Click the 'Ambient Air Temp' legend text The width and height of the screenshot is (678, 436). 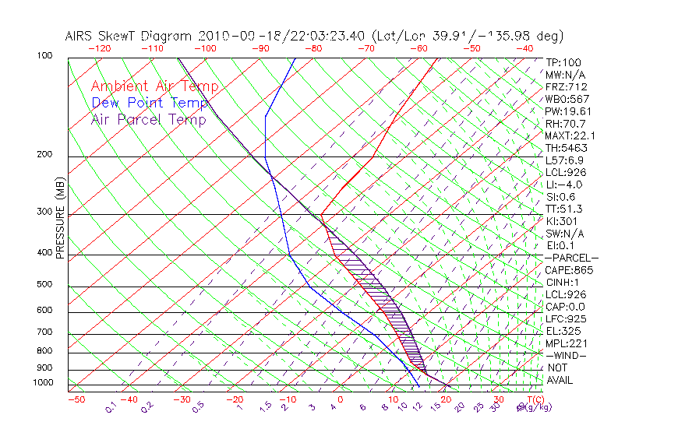click(x=154, y=86)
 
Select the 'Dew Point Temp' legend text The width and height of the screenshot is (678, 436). click(x=150, y=103)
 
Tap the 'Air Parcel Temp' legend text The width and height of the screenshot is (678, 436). click(x=149, y=119)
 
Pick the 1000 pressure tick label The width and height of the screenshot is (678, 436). click(x=44, y=383)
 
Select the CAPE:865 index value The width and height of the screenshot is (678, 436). click(x=569, y=270)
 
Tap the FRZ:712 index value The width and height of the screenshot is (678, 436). click(x=567, y=86)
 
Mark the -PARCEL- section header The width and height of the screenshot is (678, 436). click(x=572, y=258)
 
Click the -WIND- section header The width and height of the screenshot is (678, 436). click(x=567, y=355)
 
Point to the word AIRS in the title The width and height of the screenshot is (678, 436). click(x=80, y=36)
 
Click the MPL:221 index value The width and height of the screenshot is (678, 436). click(x=567, y=343)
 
